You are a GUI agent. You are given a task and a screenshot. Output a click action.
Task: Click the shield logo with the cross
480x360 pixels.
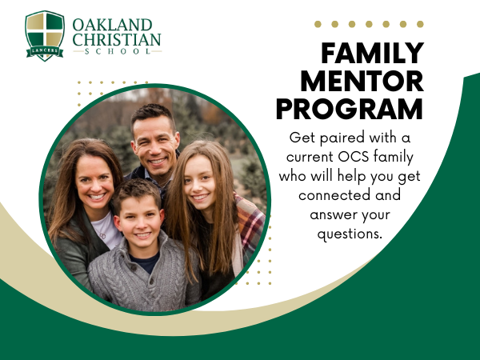tap(45, 36)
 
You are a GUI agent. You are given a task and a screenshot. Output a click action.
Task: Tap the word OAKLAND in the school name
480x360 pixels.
tap(112, 25)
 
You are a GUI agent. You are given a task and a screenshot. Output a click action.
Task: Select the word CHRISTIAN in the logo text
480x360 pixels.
tap(117, 39)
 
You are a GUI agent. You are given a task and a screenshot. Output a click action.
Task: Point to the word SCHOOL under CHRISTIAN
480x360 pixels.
tap(118, 51)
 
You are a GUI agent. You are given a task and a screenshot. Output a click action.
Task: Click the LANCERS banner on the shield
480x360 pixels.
tap(45, 51)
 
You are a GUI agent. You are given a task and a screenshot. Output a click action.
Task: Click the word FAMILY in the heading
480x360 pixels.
tap(372, 53)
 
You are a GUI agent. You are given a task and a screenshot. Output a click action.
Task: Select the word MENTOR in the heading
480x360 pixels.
tap(362, 81)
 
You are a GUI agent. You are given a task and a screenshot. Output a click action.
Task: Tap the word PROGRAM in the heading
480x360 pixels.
tap(350, 110)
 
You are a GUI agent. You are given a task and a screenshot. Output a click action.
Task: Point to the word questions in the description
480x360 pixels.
tap(350, 234)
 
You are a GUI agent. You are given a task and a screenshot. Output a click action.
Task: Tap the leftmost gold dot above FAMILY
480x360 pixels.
tap(318, 24)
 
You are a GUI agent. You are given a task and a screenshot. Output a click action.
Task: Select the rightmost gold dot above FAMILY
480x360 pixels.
tap(420, 24)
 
